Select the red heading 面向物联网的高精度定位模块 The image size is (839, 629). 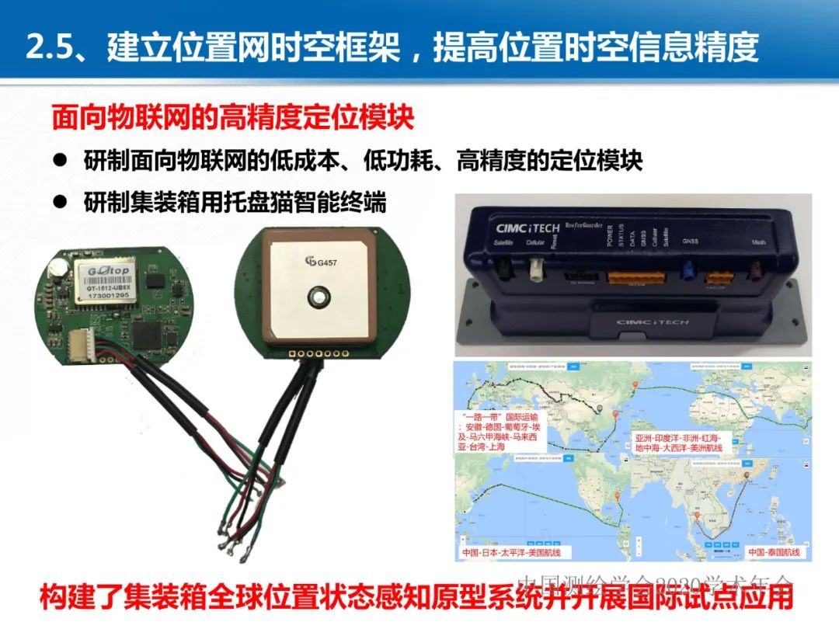233,118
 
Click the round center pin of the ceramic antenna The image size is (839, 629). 317,295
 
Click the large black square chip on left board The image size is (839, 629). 148,335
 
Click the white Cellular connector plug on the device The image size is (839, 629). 536,271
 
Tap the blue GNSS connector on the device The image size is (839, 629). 687,274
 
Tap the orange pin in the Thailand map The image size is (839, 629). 698,517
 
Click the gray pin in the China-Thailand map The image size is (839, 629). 748,473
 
